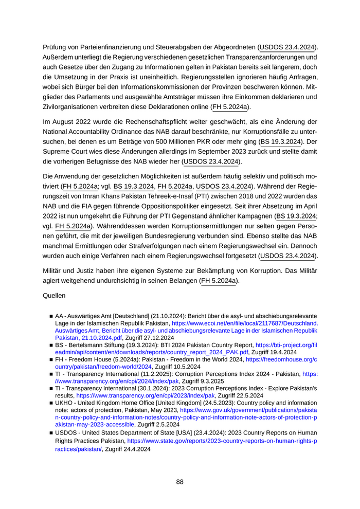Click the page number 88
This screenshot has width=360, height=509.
[x=179, y=482]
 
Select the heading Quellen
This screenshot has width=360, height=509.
[x=54, y=296]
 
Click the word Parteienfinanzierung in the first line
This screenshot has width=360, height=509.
[x=106, y=47]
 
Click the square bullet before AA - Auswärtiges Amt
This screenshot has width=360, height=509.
[x=51, y=316]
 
